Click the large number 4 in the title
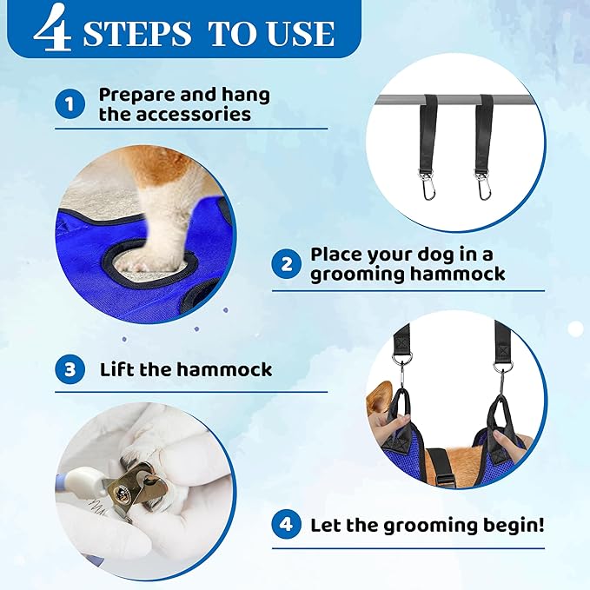pyautogui.click(x=53, y=29)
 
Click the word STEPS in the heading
pyautogui.click(x=138, y=33)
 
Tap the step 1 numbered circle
pyautogui.click(x=69, y=105)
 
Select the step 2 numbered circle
pyautogui.click(x=285, y=264)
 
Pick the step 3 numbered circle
pyautogui.click(x=69, y=369)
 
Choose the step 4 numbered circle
pyautogui.click(x=285, y=525)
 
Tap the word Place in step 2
pyautogui.click(x=338, y=255)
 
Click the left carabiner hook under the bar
pyautogui.click(x=428, y=184)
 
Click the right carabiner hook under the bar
pyautogui.click(x=481, y=184)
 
